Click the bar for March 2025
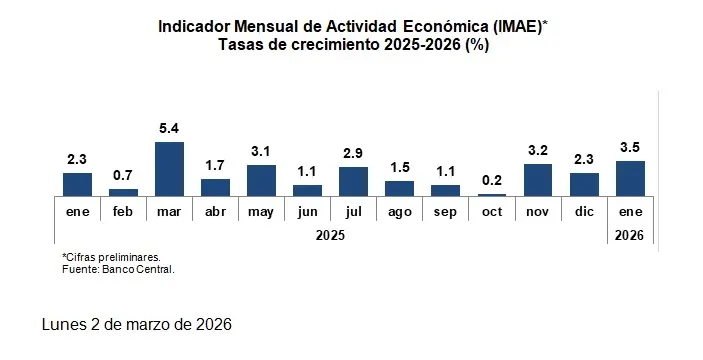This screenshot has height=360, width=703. (x=169, y=168)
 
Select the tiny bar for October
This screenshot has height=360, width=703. (x=491, y=194)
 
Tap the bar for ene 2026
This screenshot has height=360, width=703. (x=630, y=178)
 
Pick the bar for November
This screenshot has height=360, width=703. (x=538, y=179)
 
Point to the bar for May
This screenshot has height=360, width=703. (x=261, y=180)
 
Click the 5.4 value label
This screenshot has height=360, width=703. (x=169, y=130)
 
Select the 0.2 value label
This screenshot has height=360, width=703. (x=491, y=181)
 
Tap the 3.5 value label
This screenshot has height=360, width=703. (x=630, y=148)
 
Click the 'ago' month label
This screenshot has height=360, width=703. (x=399, y=212)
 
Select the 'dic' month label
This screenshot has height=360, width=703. (x=584, y=212)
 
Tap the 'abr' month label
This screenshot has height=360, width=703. (x=215, y=212)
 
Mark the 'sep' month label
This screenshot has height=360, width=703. (x=445, y=212)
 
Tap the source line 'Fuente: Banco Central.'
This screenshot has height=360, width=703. (x=118, y=268)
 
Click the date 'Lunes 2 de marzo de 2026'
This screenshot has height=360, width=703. (x=137, y=325)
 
